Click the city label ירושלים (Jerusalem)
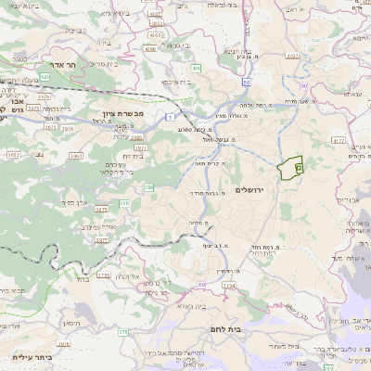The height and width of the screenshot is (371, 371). tap(250, 189)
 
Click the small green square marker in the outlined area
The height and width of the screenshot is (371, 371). tap(299, 168)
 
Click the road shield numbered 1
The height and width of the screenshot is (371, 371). tap(170, 116)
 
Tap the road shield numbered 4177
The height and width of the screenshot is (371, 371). tap(338, 141)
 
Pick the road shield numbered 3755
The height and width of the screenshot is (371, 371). tap(103, 275)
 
